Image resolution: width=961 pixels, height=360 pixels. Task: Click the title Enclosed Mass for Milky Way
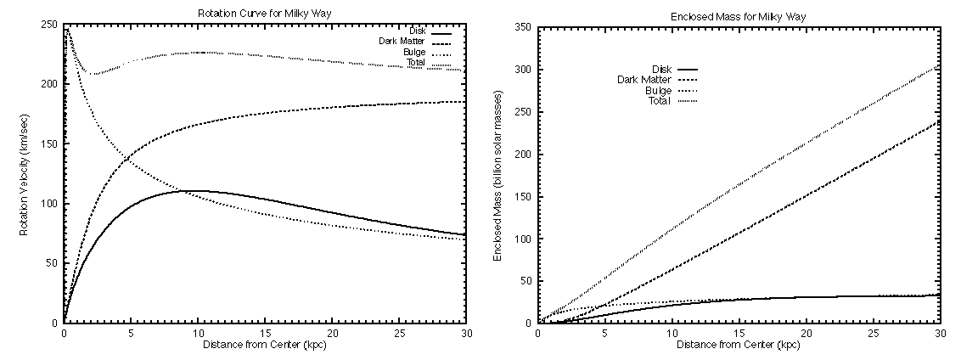tap(739, 16)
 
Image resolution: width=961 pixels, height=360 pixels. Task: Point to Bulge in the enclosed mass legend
tap(659, 90)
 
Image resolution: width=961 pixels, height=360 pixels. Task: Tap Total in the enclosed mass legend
tap(660, 100)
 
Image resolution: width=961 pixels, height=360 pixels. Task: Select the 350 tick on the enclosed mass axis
tap(523, 28)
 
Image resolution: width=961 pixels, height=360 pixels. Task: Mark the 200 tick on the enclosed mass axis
tap(523, 155)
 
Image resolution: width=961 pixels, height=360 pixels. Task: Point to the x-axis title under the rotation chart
tap(265, 346)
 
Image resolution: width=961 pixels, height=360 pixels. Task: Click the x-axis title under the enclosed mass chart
tap(739, 346)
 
